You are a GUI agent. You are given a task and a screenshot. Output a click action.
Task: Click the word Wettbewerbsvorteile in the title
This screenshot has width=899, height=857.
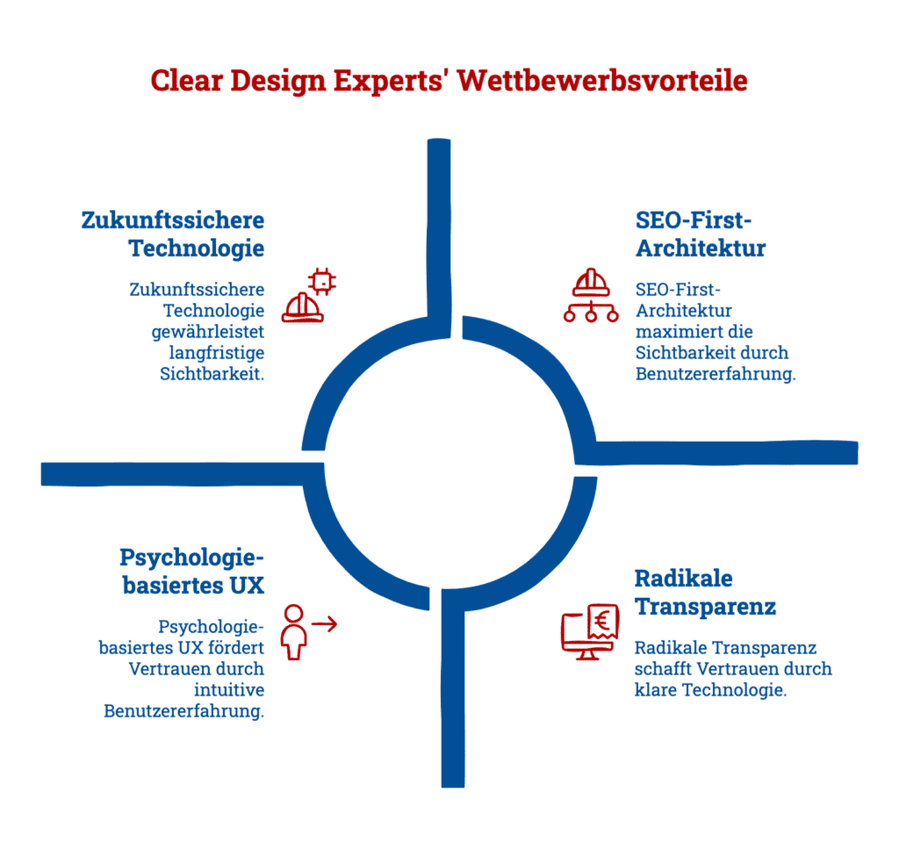pos(603,80)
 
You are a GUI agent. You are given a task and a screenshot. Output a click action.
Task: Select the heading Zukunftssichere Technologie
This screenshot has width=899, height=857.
pos(173,234)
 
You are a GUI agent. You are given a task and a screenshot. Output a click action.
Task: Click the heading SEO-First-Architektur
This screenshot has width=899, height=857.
pos(699,234)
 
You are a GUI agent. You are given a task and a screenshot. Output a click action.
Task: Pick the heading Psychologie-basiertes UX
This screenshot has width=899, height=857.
pos(192,572)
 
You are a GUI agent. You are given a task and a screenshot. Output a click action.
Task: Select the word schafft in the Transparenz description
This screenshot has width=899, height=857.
pos(660,669)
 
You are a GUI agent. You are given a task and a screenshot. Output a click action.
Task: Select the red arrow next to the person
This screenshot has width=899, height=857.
pos(324,624)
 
